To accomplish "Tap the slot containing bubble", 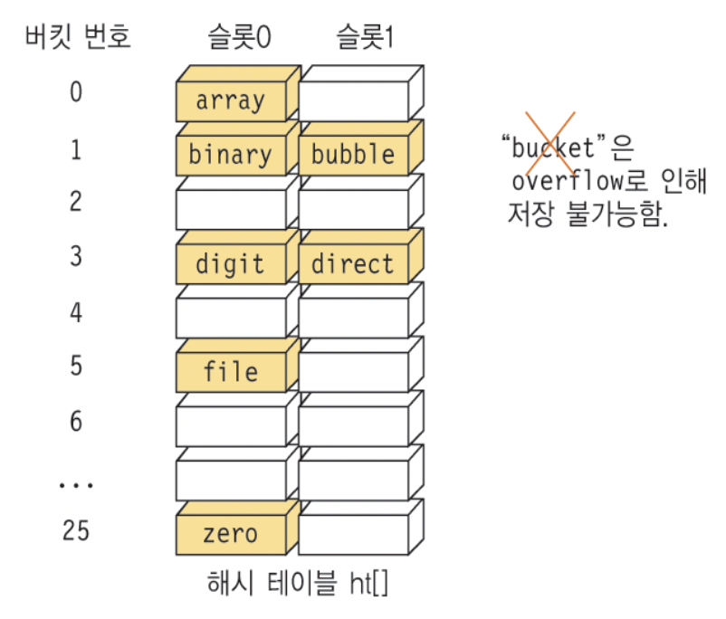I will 353,155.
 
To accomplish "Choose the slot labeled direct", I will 353,264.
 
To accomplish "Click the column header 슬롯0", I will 238,37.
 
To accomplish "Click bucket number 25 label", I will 76,530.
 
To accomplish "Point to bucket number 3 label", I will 76,257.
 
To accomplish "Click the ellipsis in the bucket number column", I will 76,484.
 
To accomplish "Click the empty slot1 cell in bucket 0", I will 353,100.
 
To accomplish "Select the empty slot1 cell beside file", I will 353,372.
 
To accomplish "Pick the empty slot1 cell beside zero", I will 353,534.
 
